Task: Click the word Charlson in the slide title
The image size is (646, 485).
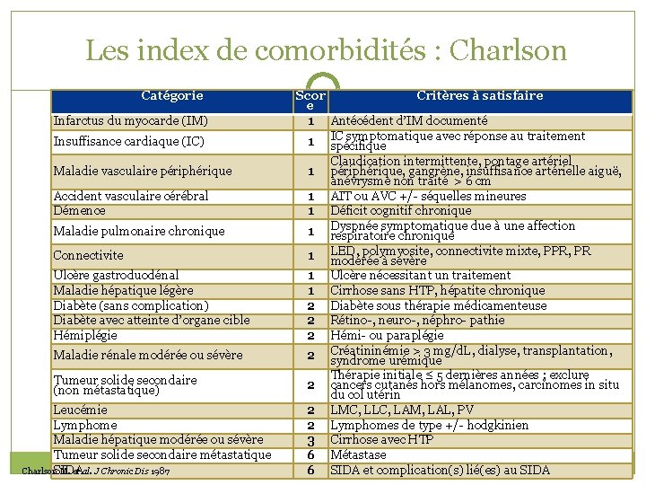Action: coord(510,50)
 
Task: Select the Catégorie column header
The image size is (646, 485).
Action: coord(172,95)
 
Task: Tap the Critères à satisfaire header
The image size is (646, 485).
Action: coord(479,95)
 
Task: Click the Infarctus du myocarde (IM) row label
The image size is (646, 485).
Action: coord(131,120)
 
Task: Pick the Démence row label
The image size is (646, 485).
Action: coord(80,211)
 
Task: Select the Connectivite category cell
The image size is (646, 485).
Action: coord(89,256)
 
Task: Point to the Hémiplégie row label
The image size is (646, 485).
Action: coord(85,335)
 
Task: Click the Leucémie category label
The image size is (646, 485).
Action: coord(81,410)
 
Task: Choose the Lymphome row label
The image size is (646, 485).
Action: coord(85,425)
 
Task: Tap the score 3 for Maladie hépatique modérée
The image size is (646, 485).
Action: coord(310,440)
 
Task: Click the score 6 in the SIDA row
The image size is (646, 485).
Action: coord(310,470)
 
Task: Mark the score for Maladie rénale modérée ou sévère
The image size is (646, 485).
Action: coord(310,356)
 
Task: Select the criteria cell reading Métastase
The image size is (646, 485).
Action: coord(358,454)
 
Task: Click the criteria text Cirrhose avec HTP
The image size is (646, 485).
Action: coord(382,439)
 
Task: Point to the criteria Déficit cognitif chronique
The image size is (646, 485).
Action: coord(400,211)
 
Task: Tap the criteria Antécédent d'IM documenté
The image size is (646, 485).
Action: coord(409,120)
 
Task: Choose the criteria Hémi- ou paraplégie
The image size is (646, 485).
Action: coord(387,335)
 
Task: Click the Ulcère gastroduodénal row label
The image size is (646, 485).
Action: coord(116,275)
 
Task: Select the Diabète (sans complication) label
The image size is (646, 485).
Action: coord(131,305)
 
